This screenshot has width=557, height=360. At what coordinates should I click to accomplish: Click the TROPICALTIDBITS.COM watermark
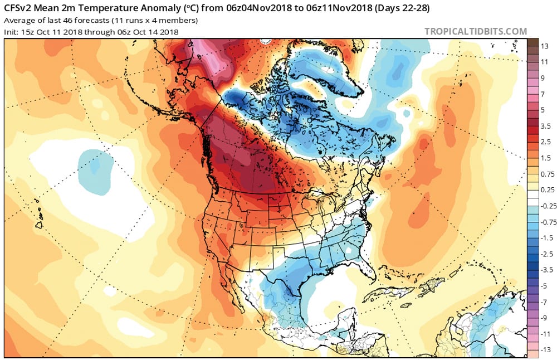tap(475, 32)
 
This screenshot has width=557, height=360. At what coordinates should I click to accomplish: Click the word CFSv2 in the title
tap(19, 8)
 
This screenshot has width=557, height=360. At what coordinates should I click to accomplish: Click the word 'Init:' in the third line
tap(12, 32)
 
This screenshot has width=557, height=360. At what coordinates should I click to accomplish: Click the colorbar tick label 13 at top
tap(545, 46)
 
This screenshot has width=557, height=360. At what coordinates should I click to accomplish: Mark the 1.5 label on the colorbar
tap(546, 158)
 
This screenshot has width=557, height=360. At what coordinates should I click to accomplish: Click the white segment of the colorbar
tap(533, 198)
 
